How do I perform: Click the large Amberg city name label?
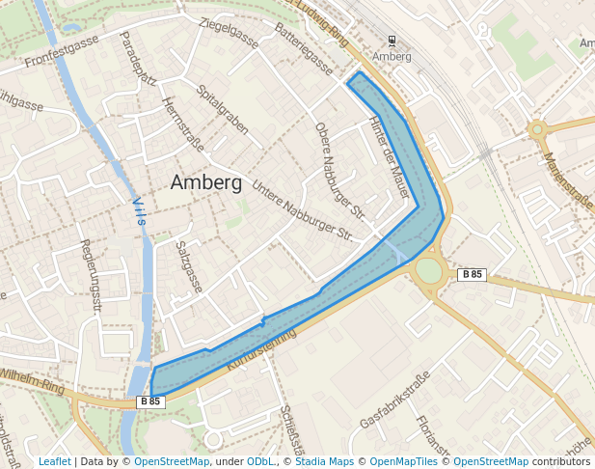point(205,182)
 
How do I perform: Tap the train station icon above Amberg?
point(392,41)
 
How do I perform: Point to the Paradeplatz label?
point(136,58)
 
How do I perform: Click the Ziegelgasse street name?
point(229,33)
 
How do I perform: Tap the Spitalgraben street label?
point(222,109)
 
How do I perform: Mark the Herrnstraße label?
point(183,124)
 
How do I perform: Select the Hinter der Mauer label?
point(390,157)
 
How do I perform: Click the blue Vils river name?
point(139,211)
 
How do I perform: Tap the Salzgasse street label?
point(189,266)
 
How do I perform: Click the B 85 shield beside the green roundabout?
point(472,274)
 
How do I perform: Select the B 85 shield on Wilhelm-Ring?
point(150,401)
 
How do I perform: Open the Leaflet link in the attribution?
point(55,461)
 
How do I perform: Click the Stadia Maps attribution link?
point(322,461)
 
